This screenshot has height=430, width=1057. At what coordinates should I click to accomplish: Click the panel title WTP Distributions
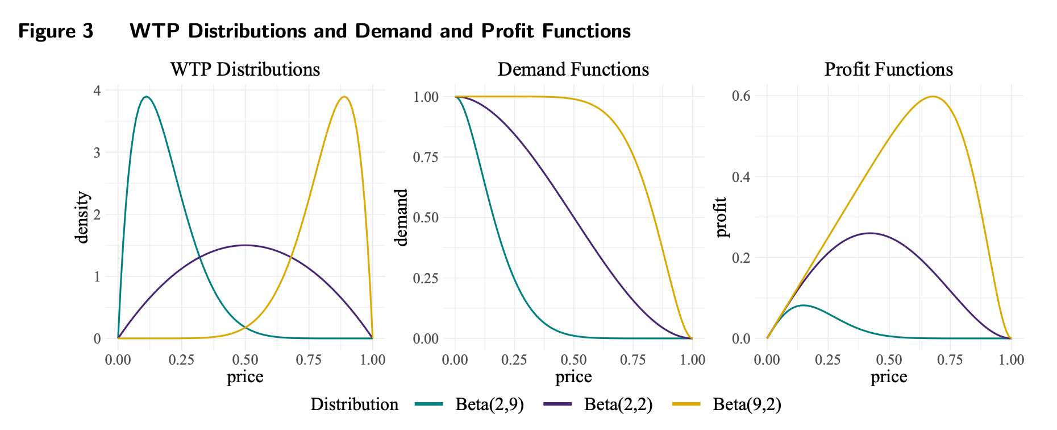(245, 69)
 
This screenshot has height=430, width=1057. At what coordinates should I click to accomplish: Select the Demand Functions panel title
(573, 69)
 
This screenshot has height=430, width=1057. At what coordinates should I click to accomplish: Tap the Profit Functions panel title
(888, 69)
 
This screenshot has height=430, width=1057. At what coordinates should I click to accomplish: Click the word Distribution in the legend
(354, 404)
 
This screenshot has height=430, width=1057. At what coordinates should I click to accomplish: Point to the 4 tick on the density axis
(97, 90)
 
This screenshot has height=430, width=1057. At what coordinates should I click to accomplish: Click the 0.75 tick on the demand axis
(426, 157)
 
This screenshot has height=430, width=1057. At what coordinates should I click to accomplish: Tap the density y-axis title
(83, 217)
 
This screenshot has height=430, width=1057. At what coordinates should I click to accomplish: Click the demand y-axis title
(402, 217)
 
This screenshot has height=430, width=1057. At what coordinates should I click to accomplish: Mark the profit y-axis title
(721, 217)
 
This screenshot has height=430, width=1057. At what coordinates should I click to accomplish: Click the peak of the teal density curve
(147, 97)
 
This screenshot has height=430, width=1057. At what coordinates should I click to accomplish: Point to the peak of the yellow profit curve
(933, 97)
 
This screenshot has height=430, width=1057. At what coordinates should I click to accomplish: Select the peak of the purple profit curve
(869, 233)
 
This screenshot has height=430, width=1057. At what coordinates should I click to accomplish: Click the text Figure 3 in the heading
(56, 31)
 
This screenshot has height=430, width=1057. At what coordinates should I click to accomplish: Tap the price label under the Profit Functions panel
(888, 377)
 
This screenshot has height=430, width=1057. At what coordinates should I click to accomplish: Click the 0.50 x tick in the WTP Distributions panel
(245, 359)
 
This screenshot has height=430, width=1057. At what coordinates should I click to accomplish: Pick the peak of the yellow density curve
(344, 97)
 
